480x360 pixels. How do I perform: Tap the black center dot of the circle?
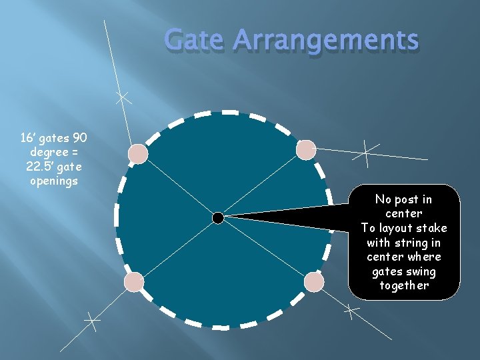pyautogui.click(x=218, y=218)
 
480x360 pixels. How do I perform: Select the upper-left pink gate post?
pyautogui.click(x=138, y=154)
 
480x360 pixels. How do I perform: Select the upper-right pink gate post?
pyautogui.click(x=306, y=150)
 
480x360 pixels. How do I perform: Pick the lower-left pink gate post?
pyautogui.click(x=134, y=283)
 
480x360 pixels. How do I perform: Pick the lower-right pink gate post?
pyautogui.click(x=314, y=282)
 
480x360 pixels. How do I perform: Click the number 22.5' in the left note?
pyautogui.click(x=40, y=167)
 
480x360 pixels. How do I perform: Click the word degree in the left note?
pyautogui.click(x=39, y=153)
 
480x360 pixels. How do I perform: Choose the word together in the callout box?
pyautogui.click(x=403, y=286)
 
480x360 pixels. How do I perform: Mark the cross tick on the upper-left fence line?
pyautogui.click(x=122, y=97)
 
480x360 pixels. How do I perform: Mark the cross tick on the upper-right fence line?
pyautogui.click(x=366, y=153)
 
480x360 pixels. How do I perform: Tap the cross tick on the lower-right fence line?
pyautogui.click(x=351, y=309)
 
